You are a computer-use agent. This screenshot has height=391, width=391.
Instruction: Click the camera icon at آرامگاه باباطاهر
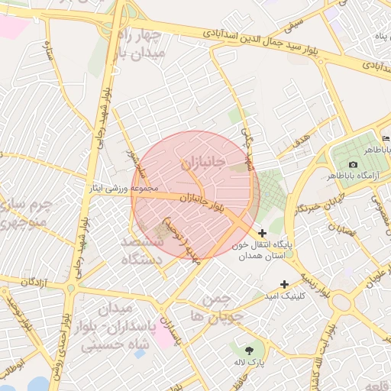353,165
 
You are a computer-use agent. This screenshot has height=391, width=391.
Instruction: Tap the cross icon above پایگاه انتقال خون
263,233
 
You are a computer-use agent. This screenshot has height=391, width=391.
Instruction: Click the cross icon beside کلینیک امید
285,284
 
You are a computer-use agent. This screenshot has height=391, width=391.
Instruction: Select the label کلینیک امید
283,296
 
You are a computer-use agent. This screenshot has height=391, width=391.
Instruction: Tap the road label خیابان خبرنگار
315,205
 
